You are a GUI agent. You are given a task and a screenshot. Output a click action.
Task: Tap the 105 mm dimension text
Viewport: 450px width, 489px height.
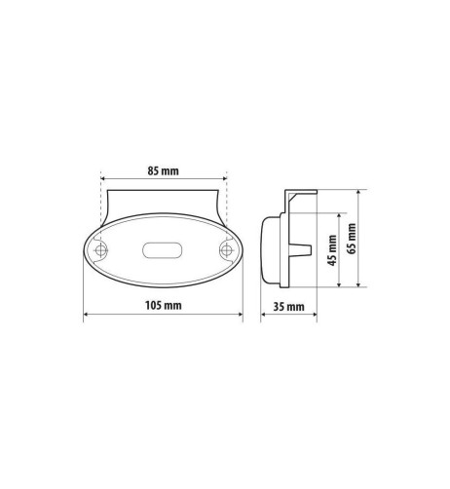click(161, 306)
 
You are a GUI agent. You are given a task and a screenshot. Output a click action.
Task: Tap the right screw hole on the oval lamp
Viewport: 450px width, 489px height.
click(225, 251)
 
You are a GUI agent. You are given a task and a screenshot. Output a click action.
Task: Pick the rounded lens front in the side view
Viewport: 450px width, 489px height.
click(268, 251)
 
